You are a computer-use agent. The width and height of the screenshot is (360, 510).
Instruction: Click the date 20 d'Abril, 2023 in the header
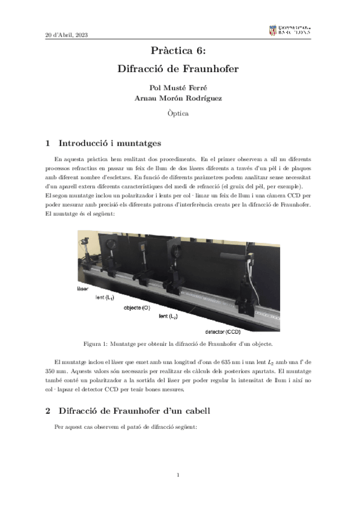(x=67, y=34)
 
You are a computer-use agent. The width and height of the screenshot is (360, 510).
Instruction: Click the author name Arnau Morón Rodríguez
(x=180, y=99)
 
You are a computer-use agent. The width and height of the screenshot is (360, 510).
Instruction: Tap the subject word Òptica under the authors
(x=180, y=112)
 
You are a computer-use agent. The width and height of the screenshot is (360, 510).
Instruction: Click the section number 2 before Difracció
(x=48, y=411)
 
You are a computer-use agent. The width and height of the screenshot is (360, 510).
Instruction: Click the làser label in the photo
(x=83, y=289)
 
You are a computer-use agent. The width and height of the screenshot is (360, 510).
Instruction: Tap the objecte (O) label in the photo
(x=137, y=307)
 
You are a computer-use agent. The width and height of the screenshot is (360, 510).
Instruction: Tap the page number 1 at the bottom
(x=179, y=475)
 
